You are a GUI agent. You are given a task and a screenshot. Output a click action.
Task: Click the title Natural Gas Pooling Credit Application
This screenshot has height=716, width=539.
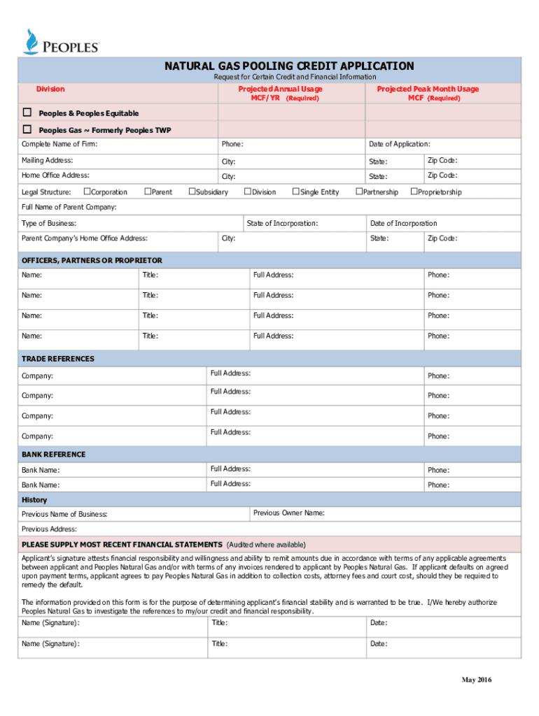[289, 66]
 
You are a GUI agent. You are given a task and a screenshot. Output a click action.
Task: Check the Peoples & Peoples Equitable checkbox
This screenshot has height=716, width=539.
[28, 113]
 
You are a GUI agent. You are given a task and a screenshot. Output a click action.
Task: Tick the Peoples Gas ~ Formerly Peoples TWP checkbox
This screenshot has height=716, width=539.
[28, 129]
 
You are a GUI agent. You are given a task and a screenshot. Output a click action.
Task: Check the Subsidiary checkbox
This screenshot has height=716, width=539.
[192, 192]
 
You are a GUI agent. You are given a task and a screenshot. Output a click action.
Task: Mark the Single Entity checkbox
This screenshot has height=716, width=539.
[295, 192]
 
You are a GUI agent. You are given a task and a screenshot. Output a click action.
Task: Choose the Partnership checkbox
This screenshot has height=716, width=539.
[359, 192]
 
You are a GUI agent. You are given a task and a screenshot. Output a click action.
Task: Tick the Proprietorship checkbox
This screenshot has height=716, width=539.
[414, 192]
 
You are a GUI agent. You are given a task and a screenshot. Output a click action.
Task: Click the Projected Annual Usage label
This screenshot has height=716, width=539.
[280, 89]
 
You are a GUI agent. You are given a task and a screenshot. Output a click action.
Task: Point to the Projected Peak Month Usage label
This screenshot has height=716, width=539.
[428, 89]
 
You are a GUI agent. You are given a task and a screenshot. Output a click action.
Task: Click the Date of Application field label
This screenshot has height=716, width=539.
[399, 144]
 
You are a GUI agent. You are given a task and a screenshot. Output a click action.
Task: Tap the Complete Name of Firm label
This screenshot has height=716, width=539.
[59, 144]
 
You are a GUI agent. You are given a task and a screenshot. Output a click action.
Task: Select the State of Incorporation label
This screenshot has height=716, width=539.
[282, 223]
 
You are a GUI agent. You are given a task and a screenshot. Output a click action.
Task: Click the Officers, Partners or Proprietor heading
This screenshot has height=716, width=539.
[92, 260]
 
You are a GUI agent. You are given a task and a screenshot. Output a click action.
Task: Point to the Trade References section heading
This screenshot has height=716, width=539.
[57, 359]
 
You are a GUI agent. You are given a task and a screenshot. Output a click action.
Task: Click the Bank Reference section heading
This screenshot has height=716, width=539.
[53, 454]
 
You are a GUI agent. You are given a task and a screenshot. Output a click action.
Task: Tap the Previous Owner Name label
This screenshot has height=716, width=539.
[288, 513]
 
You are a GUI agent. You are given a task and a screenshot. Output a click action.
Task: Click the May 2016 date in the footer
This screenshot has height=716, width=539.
[476, 681]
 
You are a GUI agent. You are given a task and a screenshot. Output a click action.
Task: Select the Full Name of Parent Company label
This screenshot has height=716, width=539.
[69, 207]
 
